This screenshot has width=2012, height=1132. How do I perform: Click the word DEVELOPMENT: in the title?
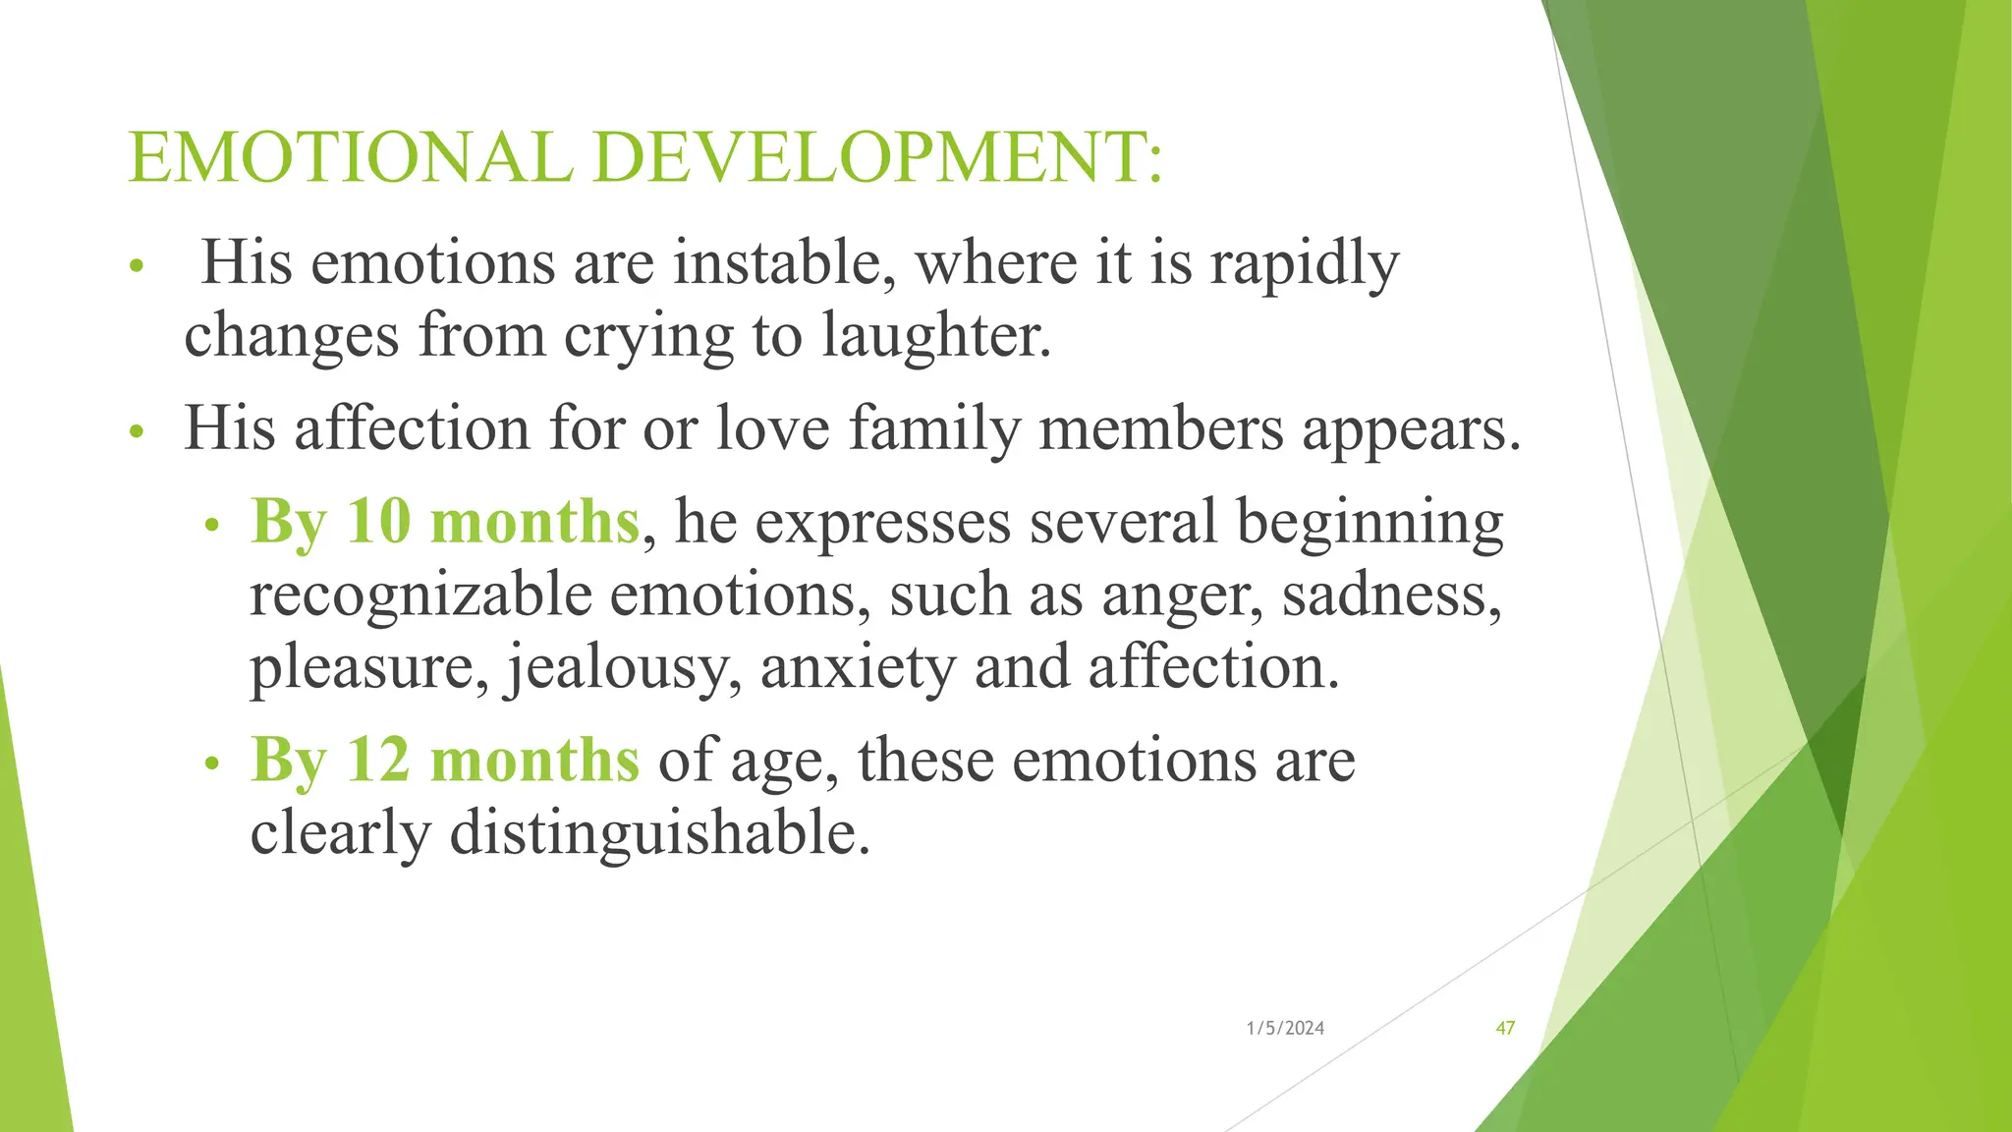[x=878, y=157]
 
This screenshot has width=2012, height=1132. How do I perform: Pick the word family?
[x=934, y=430]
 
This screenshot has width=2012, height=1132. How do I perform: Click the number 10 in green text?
[x=378, y=521]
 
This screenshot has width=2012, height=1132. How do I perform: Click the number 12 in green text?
[x=378, y=760]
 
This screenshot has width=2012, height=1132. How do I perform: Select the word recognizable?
[x=420, y=595]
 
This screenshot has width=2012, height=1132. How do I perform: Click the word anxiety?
[x=857, y=668]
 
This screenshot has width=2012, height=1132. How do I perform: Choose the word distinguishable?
[x=659, y=833]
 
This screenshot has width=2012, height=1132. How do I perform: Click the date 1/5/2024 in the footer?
[x=1285, y=1028]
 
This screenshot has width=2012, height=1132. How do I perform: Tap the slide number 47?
[x=1505, y=1028]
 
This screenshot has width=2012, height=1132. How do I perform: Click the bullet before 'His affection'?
[x=138, y=431]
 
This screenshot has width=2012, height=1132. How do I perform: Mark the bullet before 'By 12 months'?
[x=210, y=764]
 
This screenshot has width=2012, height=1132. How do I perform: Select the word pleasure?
[x=368, y=668]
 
